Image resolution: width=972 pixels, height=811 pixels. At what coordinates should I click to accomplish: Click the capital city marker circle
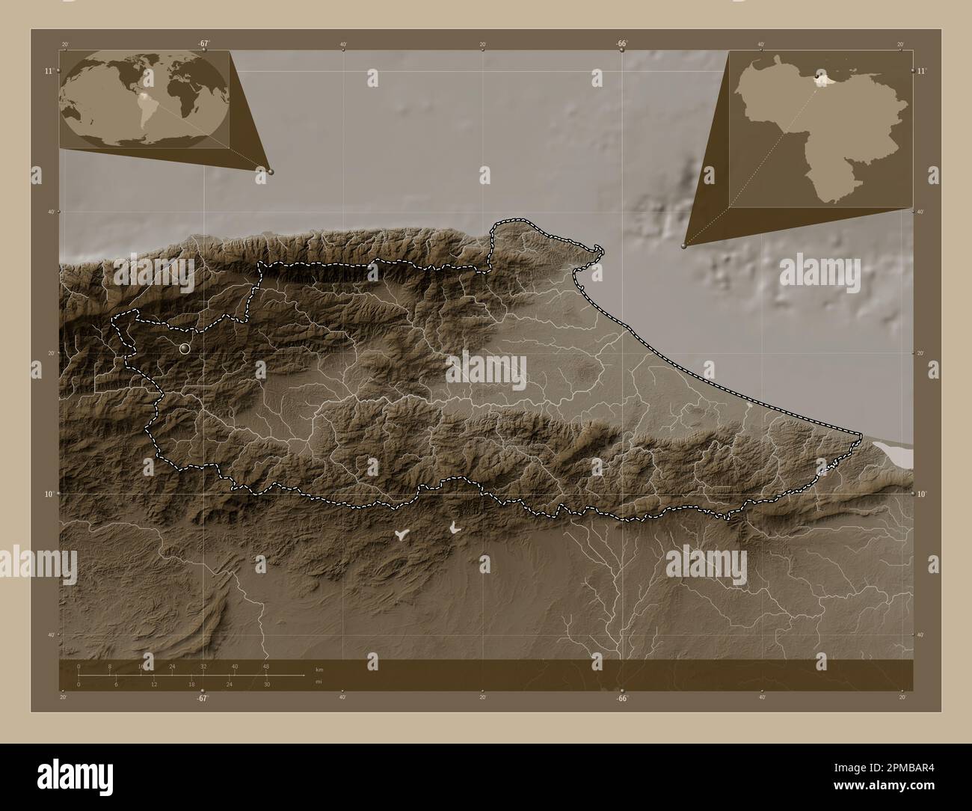click(x=185, y=348)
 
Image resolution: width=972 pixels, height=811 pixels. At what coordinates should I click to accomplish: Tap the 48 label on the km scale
click(x=265, y=666)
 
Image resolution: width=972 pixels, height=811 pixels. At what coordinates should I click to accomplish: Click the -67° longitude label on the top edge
click(x=203, y=43)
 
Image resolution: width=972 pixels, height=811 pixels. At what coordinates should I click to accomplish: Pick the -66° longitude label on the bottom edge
click(x=621, y=698)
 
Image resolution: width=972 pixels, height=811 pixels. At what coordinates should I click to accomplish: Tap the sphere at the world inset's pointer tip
click(x=271, y=171)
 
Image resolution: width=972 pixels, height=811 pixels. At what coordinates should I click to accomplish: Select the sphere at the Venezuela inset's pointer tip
click(x=685, y=245)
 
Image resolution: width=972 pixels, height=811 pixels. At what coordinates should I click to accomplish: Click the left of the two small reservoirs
click(x=402, y=534)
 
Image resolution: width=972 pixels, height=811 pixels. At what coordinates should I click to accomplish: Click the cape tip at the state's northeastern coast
click(x=598, y=248)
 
